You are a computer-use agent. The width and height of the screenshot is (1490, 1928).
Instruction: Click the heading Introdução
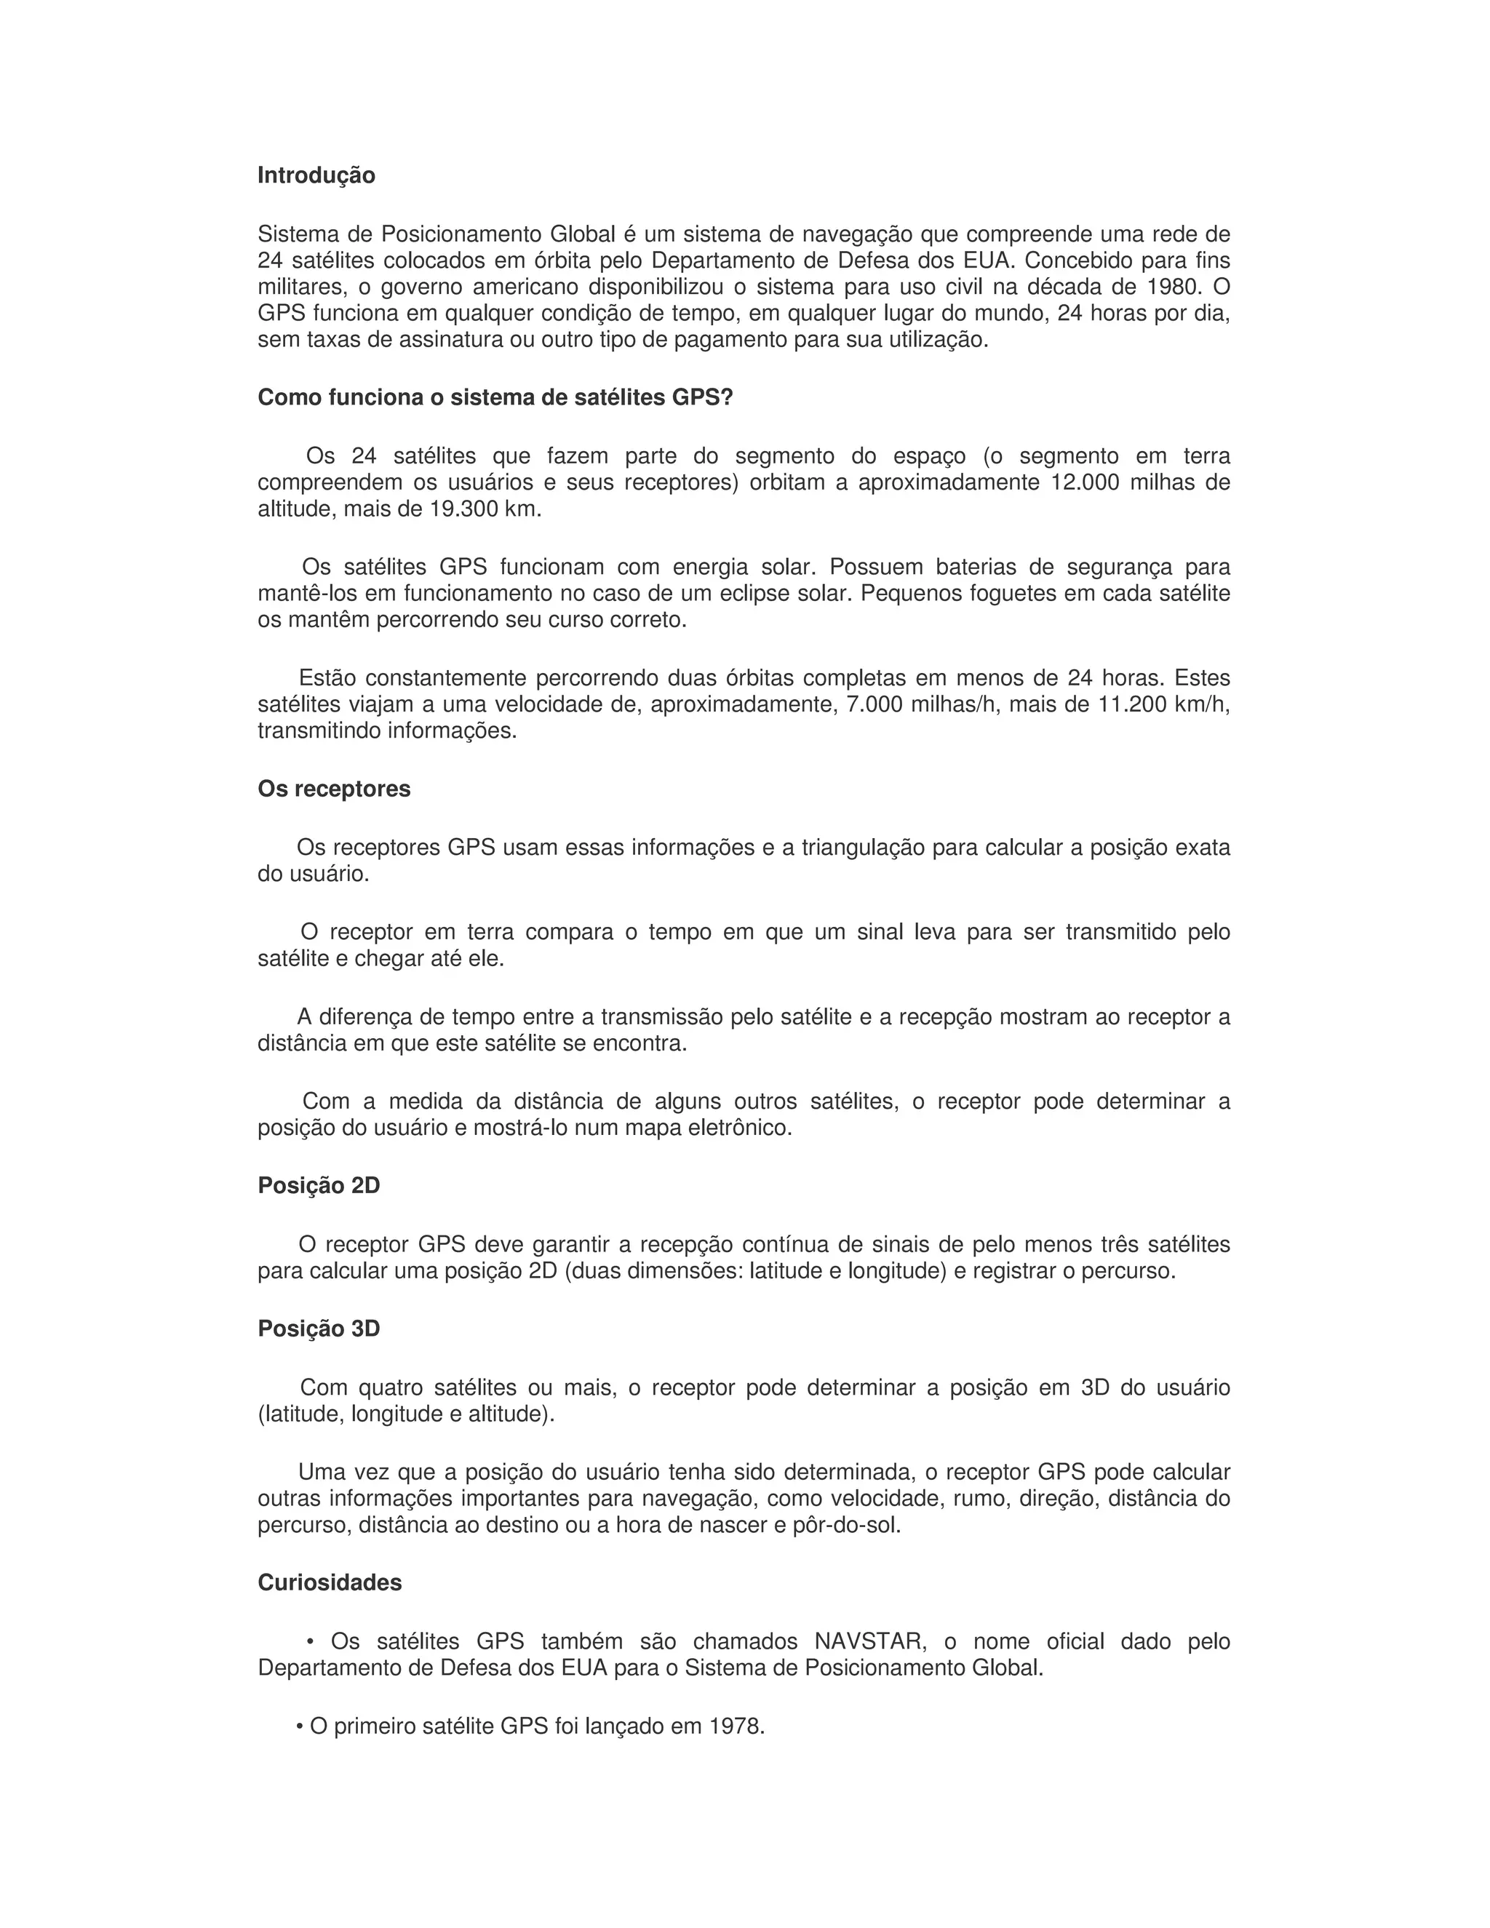click(x=316, y=175)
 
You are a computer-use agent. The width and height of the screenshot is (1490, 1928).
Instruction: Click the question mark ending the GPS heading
click(x=728, y=398)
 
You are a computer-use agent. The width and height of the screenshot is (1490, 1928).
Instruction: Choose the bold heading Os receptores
click(x=334, y=789)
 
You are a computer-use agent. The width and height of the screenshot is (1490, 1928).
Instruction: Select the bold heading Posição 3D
click(x=319, y=1329)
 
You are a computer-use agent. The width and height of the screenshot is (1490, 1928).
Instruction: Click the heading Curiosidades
click(x=330, y=1583)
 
